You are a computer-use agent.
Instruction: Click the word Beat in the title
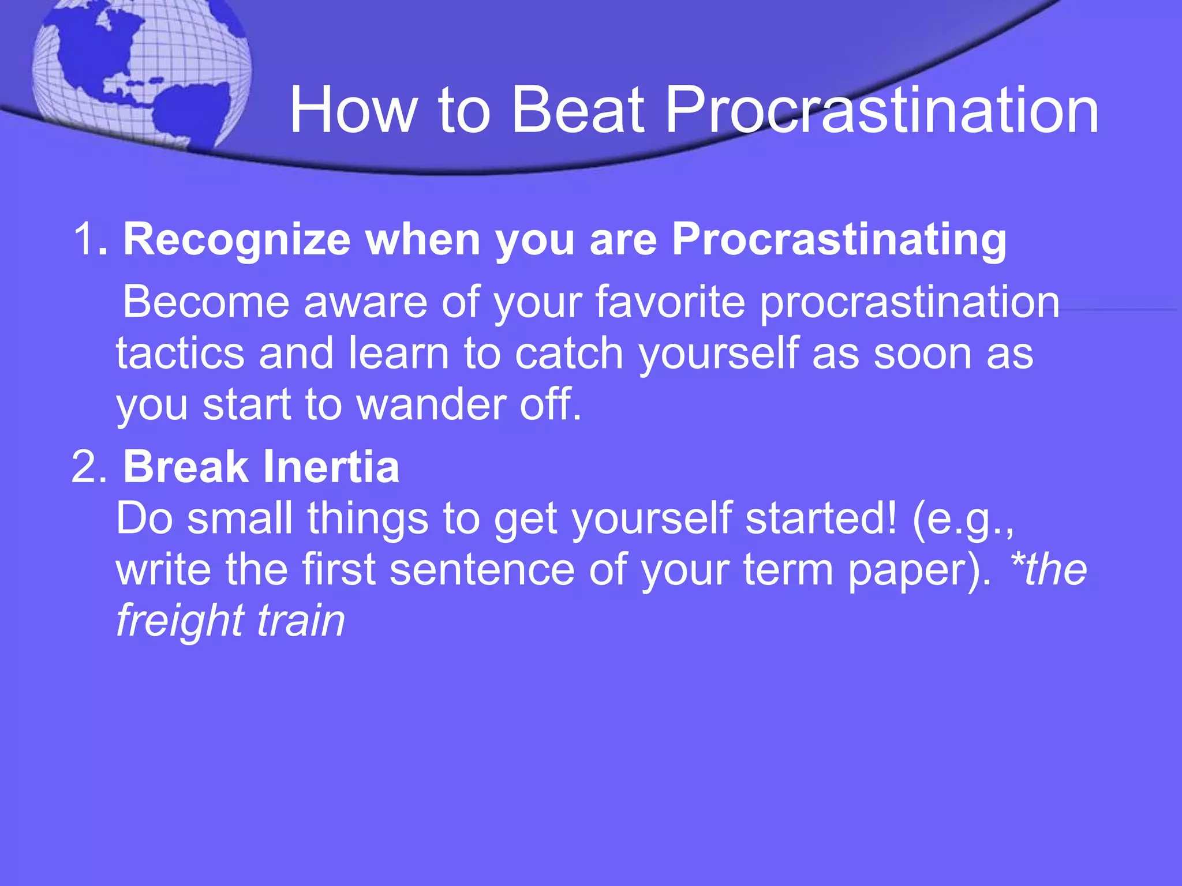pyautogui.click(x=577, y=110)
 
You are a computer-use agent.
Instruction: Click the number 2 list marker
pyautogui.click(x=87, y=467)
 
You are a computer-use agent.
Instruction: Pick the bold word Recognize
pyautogui.click(x=237, y=239)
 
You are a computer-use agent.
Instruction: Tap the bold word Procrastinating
pyautogui.click(x=839, y=239)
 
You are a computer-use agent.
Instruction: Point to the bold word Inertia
pyautogui.click(x=331, y=467)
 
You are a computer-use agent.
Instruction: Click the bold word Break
pyautogui.click(x=186, y=467)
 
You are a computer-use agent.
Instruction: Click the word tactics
pyautogui.click(x=180, y=353)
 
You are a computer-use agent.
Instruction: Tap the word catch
pyautogui.click(x=568, y=353)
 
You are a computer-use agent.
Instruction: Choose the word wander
pyautogui.click(x=431, y=404)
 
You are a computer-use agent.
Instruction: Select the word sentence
pyautogui.click(x=482, y=569)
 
